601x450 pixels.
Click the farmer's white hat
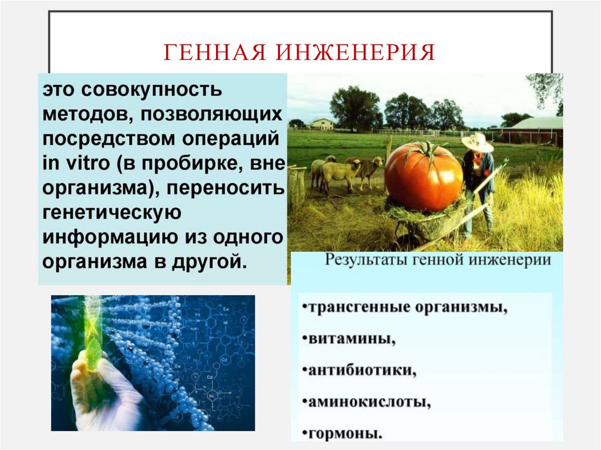click(477, 143)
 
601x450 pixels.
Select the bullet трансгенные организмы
click(405, 307)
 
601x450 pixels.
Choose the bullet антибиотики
click(360, 371)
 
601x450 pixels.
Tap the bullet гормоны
click(343, 434)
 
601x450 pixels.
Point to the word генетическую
click(110, 213)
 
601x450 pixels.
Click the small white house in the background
click(322, 124)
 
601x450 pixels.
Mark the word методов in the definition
click(79, 115)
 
